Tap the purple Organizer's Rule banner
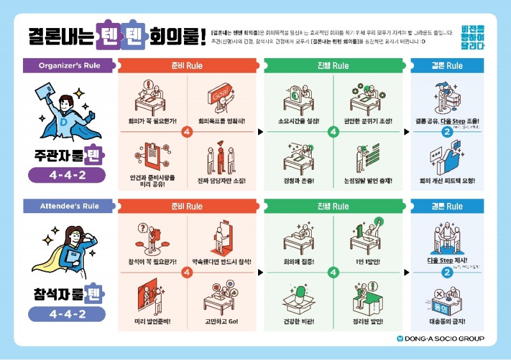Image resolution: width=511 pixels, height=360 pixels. [69, 65]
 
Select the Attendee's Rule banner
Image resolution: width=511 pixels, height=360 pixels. [69, 206]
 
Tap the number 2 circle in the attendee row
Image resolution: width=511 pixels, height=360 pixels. [446, 273]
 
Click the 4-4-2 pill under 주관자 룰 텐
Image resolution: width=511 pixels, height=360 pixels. [66, 175]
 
